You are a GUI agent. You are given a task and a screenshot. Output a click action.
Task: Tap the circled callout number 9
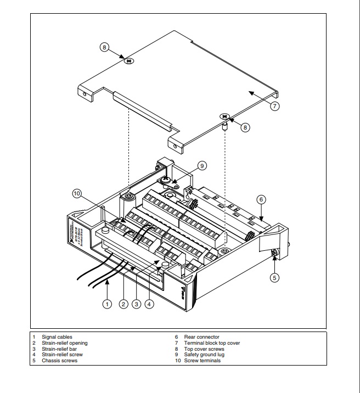[x=202, y=165]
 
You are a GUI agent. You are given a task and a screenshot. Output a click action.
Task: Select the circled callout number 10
[x=77, y=193]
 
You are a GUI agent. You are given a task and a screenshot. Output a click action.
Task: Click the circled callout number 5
[x=275, y=277]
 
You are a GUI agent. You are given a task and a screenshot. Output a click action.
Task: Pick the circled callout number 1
[x=108, y=304]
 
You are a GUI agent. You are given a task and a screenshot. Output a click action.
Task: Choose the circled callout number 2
[x=123, y=304]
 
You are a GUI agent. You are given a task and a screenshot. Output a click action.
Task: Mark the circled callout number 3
[x=136, y=304]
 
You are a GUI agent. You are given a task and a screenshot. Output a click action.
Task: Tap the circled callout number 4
[x=149, y=304]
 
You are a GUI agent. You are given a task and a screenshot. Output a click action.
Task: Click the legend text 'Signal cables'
[x=57, y=337]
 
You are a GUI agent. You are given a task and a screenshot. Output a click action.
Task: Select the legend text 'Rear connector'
[x=202, y=337]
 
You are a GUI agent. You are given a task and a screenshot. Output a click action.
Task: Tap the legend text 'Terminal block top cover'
[x=212, y=343]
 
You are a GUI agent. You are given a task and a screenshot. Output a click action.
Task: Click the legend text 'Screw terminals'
[x=203, y=361]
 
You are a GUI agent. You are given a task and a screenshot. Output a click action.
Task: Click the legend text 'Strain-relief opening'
[x=65, y=343]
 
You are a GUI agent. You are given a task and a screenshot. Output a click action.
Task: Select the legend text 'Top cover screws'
[x=204, y=349]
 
